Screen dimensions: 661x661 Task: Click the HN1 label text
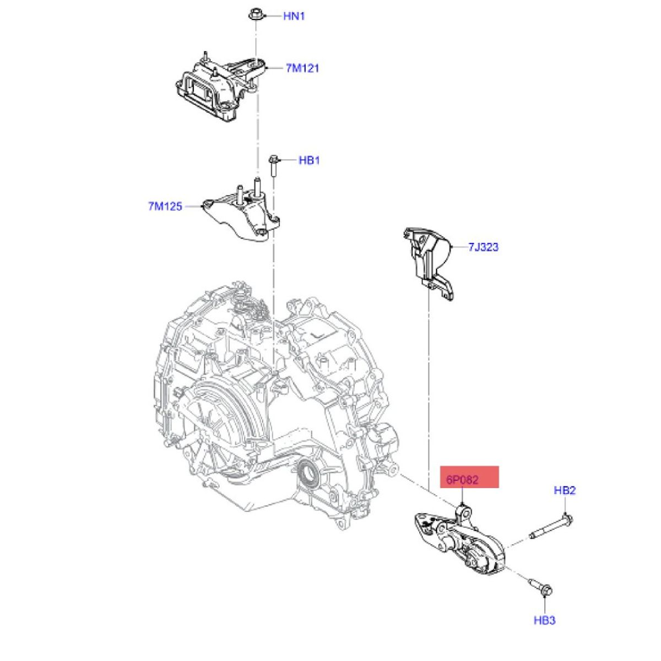tap(294, 17)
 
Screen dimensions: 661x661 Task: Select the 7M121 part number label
tap(302, 69)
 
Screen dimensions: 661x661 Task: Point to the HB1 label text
tap(309, 160)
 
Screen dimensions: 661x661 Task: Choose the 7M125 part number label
tap(165, 207)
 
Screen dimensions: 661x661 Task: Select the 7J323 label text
tap(483, 247)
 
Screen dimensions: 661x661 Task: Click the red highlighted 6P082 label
tap(469, 478)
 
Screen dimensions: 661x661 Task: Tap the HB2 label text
tap(565, 490)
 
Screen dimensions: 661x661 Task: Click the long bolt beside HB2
tap(551, 527)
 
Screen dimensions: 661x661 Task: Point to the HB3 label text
tap(544, 620)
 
